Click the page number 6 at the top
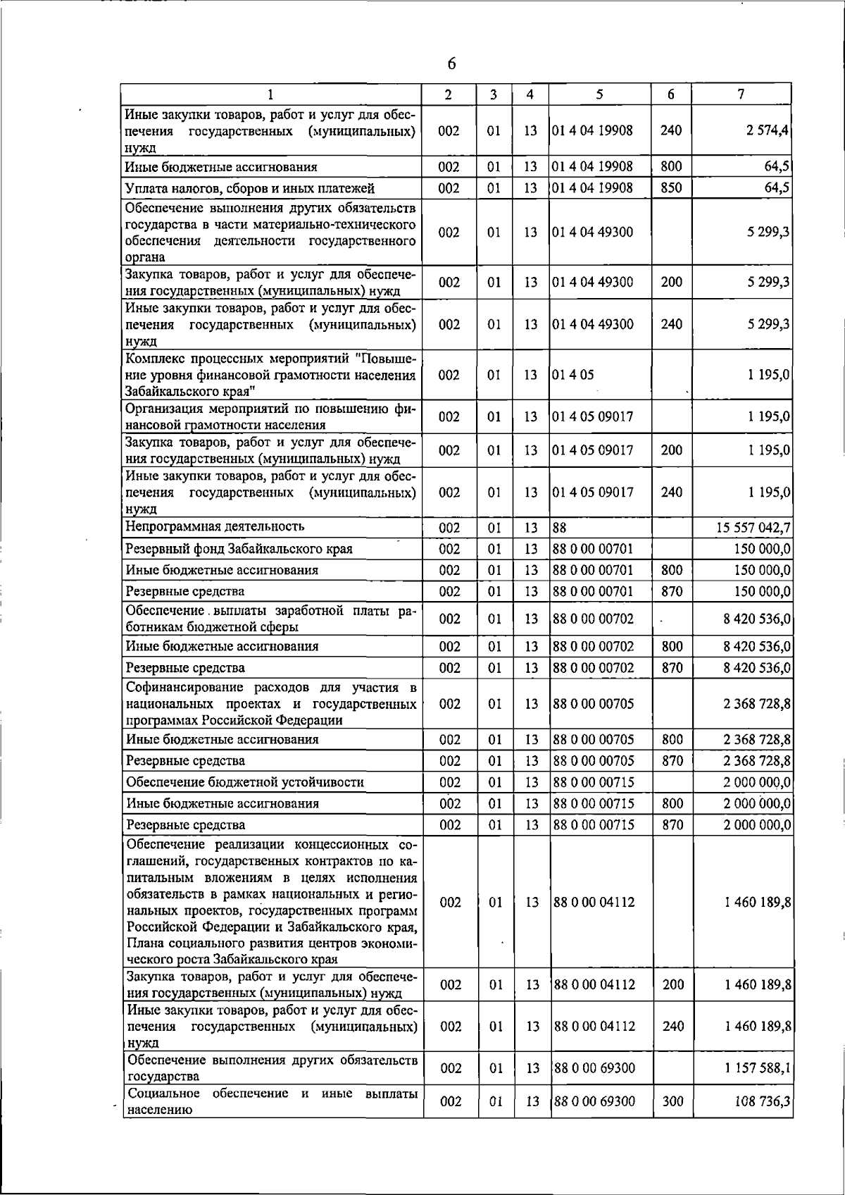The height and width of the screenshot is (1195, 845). point(451,64)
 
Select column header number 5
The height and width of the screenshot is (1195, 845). point(599,94)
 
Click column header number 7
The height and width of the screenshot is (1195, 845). point(741,94)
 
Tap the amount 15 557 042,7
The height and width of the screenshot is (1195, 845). point(753,528)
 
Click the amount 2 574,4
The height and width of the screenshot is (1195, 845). point(768,130)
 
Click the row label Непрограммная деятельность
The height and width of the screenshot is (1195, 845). point(215,526)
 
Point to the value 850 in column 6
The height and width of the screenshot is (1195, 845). point(671,188)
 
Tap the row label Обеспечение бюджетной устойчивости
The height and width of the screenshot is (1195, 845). point(245,782)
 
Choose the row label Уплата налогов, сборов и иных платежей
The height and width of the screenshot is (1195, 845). point(250,188)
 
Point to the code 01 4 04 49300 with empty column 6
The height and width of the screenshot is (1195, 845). point(593,233)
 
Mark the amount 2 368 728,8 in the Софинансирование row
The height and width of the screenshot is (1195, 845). point(756,704)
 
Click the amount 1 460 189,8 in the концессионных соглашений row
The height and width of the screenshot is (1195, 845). point(757,903)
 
